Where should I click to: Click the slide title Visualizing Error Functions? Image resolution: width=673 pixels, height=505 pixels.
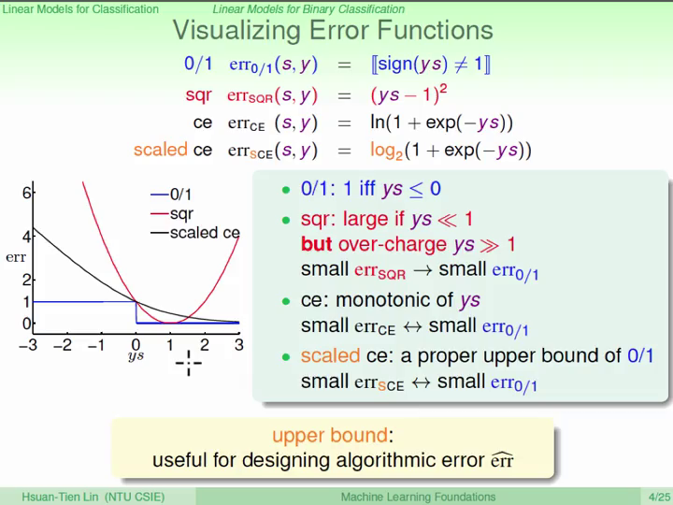[x=333, y=31]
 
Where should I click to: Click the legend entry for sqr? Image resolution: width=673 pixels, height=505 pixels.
[x=172, y=213]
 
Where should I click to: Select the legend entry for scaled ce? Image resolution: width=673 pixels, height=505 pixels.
[x=195, y=233]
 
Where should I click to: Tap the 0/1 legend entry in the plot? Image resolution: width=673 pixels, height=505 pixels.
[x=171, y=195]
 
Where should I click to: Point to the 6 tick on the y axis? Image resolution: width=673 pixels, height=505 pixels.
[x=26, y=193]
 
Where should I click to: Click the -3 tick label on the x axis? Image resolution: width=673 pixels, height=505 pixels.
[x=28, y=345]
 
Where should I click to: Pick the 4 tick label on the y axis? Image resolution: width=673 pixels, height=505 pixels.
[x=26, y=237]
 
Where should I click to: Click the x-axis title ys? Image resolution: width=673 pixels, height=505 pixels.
[x=136, y=356]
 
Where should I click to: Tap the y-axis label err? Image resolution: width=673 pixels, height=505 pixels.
[x=16, y=257]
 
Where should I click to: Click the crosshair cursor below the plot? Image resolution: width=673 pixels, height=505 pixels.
[x=189, y=363]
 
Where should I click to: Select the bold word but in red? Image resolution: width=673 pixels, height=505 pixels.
[x=316, y=244]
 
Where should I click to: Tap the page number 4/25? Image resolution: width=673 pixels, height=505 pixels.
[x=659, y=498]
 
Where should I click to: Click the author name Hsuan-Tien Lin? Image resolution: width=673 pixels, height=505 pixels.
[x=60, y=498]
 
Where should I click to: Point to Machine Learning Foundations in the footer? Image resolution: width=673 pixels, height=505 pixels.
[x=418, y=498]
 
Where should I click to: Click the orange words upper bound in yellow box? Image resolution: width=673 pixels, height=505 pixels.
[x=330, y=436]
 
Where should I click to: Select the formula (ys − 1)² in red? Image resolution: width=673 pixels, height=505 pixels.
[x=409, y=94]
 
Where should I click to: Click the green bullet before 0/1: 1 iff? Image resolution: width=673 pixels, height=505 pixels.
[x=286, y=190]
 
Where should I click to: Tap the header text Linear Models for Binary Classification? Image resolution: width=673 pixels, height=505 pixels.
[x=308, y=9]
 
